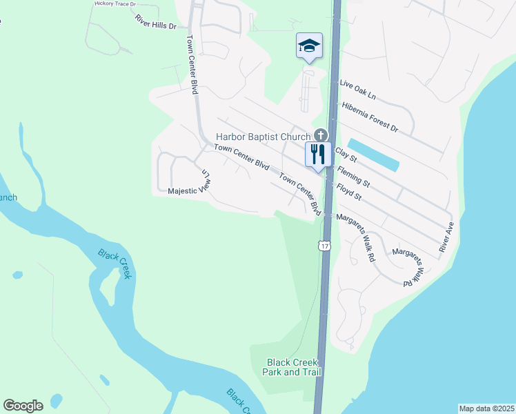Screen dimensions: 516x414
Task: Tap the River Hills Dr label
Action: [156, 21]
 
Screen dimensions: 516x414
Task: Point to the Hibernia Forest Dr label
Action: [370, 117]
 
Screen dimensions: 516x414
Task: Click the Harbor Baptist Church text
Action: [264, 136]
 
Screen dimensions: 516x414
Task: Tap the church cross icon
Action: [320, 135]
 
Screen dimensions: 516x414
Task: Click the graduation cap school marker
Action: [309, 46]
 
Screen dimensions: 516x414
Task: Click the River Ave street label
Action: [446, 237]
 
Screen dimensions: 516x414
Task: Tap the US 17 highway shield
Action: [324, 245]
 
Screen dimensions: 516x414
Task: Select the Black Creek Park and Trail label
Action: [292, 367]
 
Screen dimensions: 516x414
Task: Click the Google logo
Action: [23, 405]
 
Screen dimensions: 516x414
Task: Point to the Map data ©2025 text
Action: [486, 408]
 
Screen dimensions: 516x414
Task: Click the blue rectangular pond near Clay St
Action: [373, 155]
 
